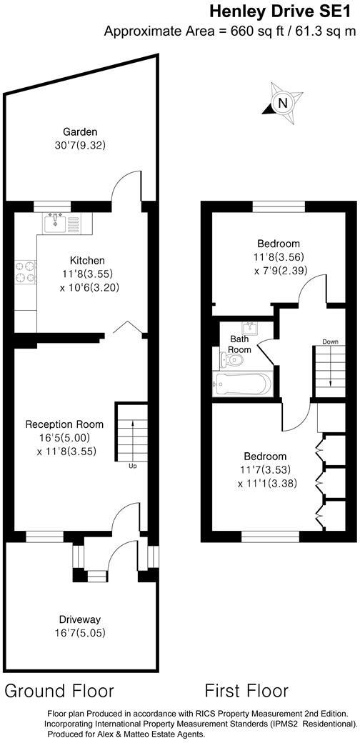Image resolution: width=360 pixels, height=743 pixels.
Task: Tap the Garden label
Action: [80, 132]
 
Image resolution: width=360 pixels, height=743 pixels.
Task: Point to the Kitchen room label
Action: [87, 261]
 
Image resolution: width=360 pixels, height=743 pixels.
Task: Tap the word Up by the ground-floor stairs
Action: [132, 467]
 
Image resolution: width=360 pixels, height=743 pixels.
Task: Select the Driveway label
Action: [80, 619]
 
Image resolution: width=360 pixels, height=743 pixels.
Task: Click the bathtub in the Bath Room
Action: [244, 384]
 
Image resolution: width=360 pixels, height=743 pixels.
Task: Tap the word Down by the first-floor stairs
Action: [329, 341]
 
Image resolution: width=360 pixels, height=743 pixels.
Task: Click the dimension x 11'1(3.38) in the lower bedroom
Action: [266, 484]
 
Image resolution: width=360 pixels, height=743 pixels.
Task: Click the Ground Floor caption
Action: [60, 691]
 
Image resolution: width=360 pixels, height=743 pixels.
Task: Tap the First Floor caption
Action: [246, 691]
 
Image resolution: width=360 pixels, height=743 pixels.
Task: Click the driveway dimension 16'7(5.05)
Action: [80, 632]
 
